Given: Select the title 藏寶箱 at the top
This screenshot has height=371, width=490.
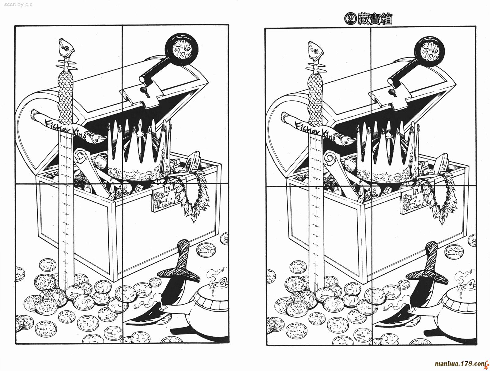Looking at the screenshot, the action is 375,20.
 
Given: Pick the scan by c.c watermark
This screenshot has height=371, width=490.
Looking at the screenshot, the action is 18,4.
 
